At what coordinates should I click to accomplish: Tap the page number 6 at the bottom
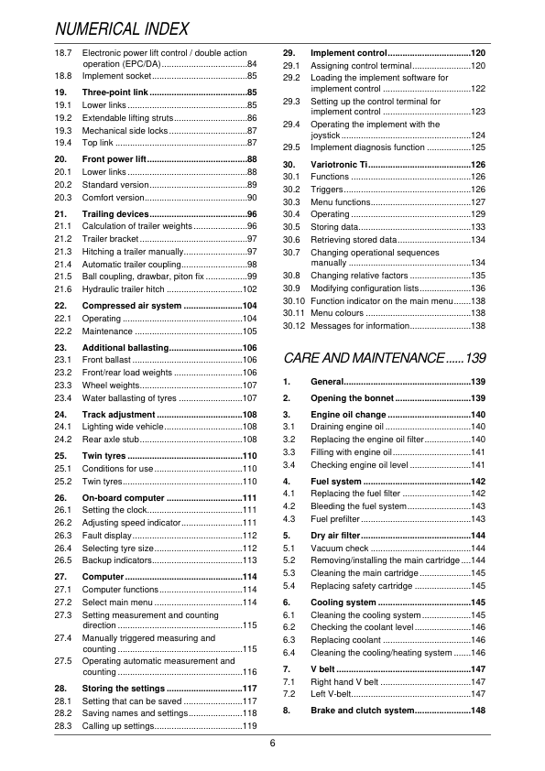tap(272, 742)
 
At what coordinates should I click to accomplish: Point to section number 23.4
tap(63, 398)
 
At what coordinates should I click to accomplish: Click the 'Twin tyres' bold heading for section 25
tap(104, 455)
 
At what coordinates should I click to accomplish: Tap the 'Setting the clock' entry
tap(117, 509)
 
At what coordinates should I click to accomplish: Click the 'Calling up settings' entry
tap(118, 726)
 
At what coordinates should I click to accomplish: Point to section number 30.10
tap(294, 300)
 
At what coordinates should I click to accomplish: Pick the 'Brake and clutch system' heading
tap(362, 711)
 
